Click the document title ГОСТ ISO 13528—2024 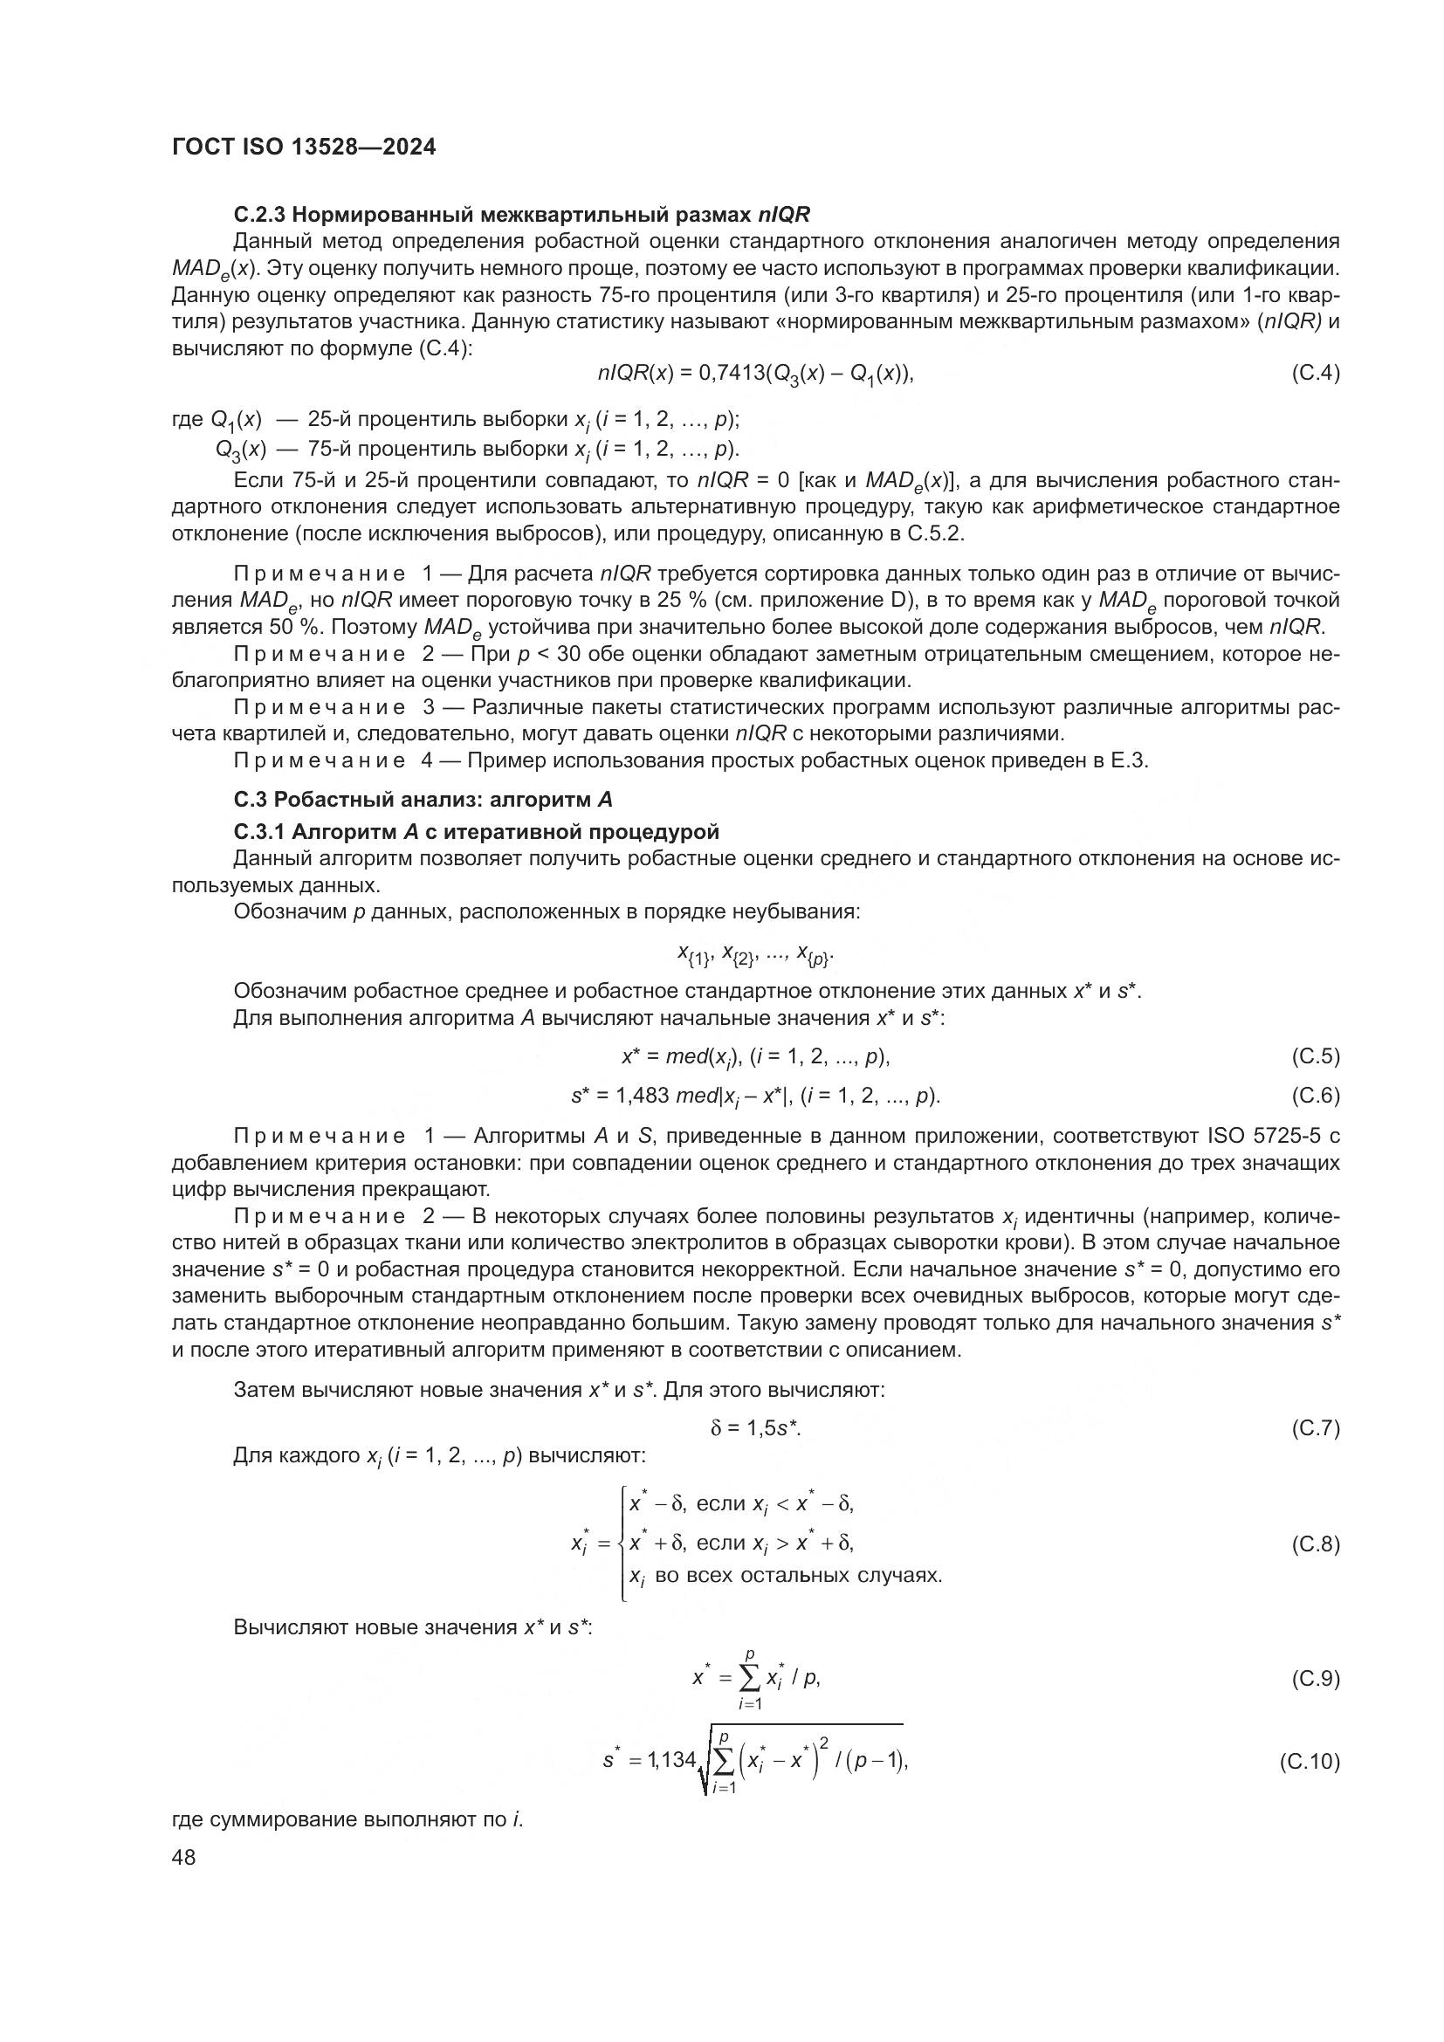pos(303,148)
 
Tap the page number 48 pos(183,1857)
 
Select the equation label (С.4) pos(1314,374)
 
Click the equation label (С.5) pos(1314,1056)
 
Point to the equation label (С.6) pos(1314,1096)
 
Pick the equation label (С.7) pos(1314,1428)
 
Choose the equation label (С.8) pos(1314,1544)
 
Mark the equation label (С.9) pos(1314,1679)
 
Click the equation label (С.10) pos(1309,1762)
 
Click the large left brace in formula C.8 pos(622,1544)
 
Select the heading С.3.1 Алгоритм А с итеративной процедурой pos(476,833)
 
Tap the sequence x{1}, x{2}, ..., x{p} pos(756,955)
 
